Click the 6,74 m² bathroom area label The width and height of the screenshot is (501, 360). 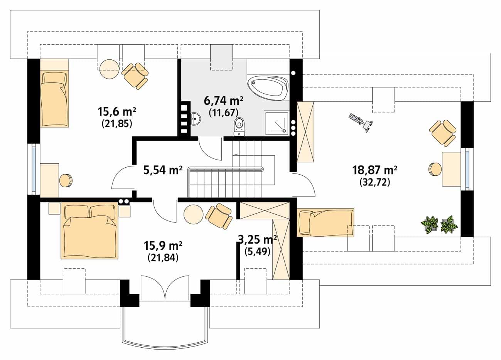[x=223, y=101]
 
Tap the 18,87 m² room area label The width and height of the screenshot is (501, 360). [x=375, y=170]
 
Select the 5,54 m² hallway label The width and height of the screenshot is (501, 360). [x=163, y=170]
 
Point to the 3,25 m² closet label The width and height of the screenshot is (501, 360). [x=257, y=240]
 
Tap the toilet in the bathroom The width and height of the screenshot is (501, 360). [x=240, y=126]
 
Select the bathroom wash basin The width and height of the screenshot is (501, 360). [x=196, y=118]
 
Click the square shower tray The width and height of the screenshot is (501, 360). [x=277, y=123]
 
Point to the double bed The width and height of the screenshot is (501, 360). [x=89, y=231]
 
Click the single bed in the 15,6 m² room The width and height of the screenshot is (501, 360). [x=54, y=93]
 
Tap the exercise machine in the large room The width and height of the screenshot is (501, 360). [x=361, y=123]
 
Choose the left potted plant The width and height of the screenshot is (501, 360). [x=429, y=225]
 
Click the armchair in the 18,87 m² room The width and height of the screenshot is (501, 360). [x=443, y=133]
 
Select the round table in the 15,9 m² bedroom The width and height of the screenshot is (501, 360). [x=194, y=214]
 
